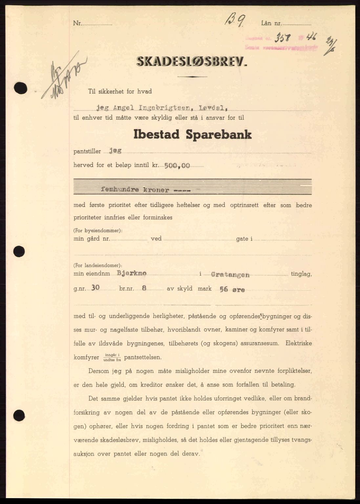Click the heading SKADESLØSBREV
[192, 62]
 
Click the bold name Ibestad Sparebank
[192, 135]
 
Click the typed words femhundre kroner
[136, 190]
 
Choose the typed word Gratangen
[230, 274]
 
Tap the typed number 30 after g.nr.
[95, 288]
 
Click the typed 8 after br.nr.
[144, 288]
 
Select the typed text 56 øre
[232, 289]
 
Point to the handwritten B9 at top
[234, 21]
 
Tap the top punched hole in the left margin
[21, 88]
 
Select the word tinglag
[301, 274]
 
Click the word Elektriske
[299, 344]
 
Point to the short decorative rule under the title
[192, 77]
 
